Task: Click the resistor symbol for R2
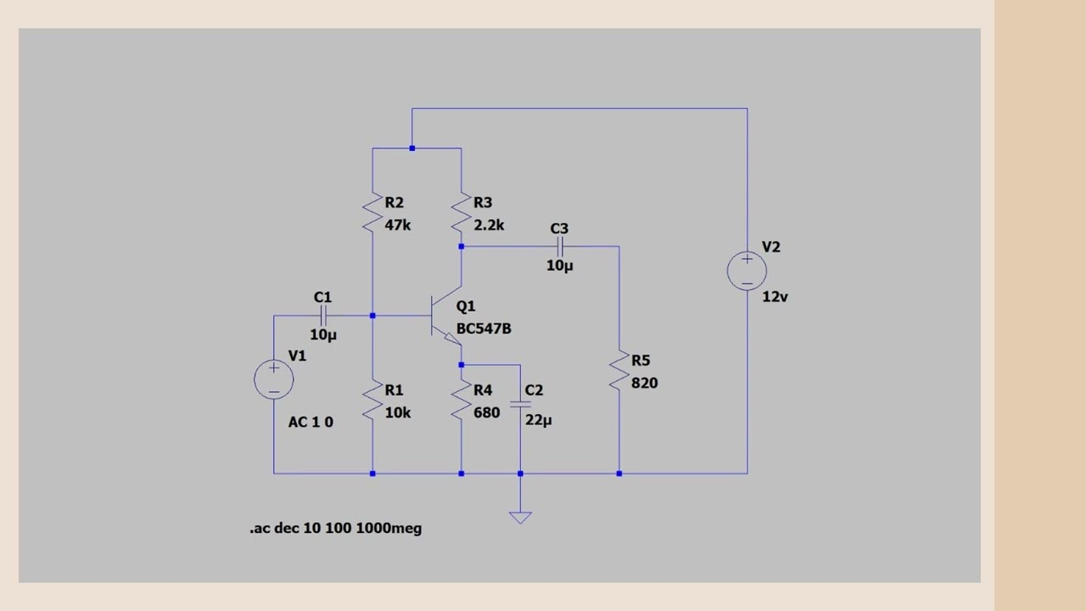[x=372, y=213]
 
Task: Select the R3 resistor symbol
[x=461, y=213]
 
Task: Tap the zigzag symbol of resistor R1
[x=372, y=401]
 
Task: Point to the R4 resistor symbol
[x=461, y=401]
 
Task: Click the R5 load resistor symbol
[x=619, y=371]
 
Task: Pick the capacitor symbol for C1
[x=323, y=316]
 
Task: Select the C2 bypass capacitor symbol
[x=520, y=404]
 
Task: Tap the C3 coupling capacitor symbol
[x=560, y=247]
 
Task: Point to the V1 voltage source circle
[x=274, y=379]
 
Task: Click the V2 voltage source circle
[x=747, y=271]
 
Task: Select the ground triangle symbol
[x=520, y=517]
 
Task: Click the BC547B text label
[x=484, y=328]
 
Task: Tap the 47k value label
[x=398, y=225]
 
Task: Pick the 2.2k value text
[x=489, y=225]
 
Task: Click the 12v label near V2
[x=775, y=297]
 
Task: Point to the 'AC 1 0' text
[x=311, y=422]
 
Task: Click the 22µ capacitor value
[x=539, y=420]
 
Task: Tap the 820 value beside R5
[x=645, y=383]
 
